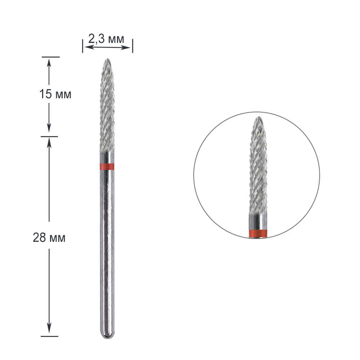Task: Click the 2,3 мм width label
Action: pos(106,39)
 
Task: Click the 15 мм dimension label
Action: pos(55,94)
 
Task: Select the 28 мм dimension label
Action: pos(49,238)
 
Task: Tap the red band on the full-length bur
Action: pos(107,167)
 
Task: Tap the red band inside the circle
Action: pos(258,233)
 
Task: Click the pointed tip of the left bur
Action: pos(107,59)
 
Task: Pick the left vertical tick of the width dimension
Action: pos(83,46)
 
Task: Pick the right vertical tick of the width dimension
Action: pos(132,46)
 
